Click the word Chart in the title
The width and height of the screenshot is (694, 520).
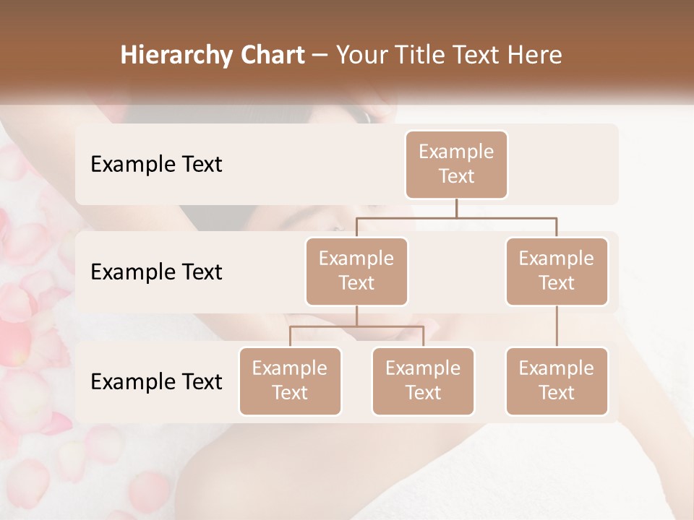[x=269, y=56]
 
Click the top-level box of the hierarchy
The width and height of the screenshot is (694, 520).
[x=456, y=165]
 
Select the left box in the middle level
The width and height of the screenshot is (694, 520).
[x=356, y=272]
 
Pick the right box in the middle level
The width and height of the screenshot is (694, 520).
[x=557, y=272]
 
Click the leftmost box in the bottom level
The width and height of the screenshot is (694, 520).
[x=290, y=381]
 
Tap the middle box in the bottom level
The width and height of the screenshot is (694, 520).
[x=423, y=381]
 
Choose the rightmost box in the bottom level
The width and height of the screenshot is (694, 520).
[x=557, y=381]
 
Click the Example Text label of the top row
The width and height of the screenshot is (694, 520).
[x=156, y=165]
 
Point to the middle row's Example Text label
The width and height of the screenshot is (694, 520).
[x=156, y=272]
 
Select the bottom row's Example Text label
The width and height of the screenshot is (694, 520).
[x=156, y=381]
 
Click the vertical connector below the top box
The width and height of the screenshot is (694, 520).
[x=456, y=208]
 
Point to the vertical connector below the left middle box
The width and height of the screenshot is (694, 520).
[x=356, y=316]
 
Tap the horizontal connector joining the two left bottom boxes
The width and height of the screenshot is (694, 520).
[x=356, y=326]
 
